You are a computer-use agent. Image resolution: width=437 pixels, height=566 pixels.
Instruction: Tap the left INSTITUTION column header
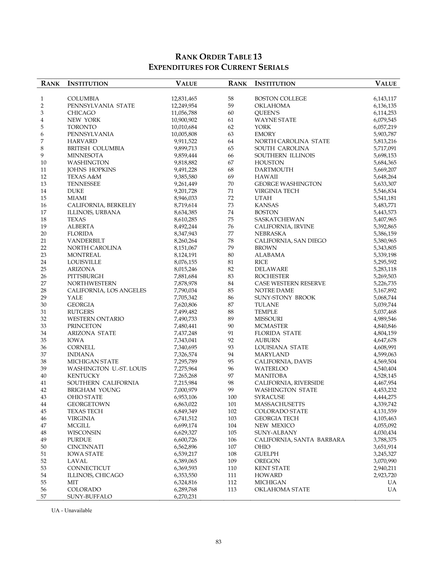pyautogui.click(x=87, y=83)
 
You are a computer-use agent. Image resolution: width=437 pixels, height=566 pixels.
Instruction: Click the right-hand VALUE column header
pyautogui.click(x=386, y=83)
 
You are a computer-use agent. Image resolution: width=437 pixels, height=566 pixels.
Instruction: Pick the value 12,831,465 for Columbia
pyautogui.click(x=184, y=99)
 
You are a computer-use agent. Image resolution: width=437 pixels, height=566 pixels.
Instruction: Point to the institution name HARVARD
pyautogui.click(x=82, y=141)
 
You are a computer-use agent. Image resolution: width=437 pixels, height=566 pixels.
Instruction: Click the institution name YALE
pyautogui.click(x=75, y=298)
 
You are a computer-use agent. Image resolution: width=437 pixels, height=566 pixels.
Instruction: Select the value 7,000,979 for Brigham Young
pyautogui.click(x=185, y=390)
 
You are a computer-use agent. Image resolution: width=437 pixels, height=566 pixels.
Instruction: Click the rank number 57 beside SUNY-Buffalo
pyautogui.click(x=44, y=497)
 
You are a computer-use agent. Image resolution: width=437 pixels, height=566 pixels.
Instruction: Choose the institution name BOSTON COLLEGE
pyautogui.click(x=280, y=99)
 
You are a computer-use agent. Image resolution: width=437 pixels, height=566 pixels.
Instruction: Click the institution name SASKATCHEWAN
pyautogui.click(x=279, y=219)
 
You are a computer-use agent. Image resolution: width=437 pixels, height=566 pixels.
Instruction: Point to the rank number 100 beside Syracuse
pyautogui.click(x=232, y=397)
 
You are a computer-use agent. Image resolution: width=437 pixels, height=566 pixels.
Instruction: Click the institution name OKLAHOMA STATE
pyautogui.click(x=282, y=489)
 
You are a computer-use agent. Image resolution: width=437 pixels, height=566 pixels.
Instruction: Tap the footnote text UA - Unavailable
pyautogui.click(x=72, y=511)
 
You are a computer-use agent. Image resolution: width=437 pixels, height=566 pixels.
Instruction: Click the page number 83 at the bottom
pyautogui.click(x=218, y=542)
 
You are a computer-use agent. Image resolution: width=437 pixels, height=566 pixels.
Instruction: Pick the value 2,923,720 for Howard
pyautogui.click(x=385, y=475)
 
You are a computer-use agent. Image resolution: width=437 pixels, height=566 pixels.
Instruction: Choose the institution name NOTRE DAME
pyautogui.click(x=274, y=290)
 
